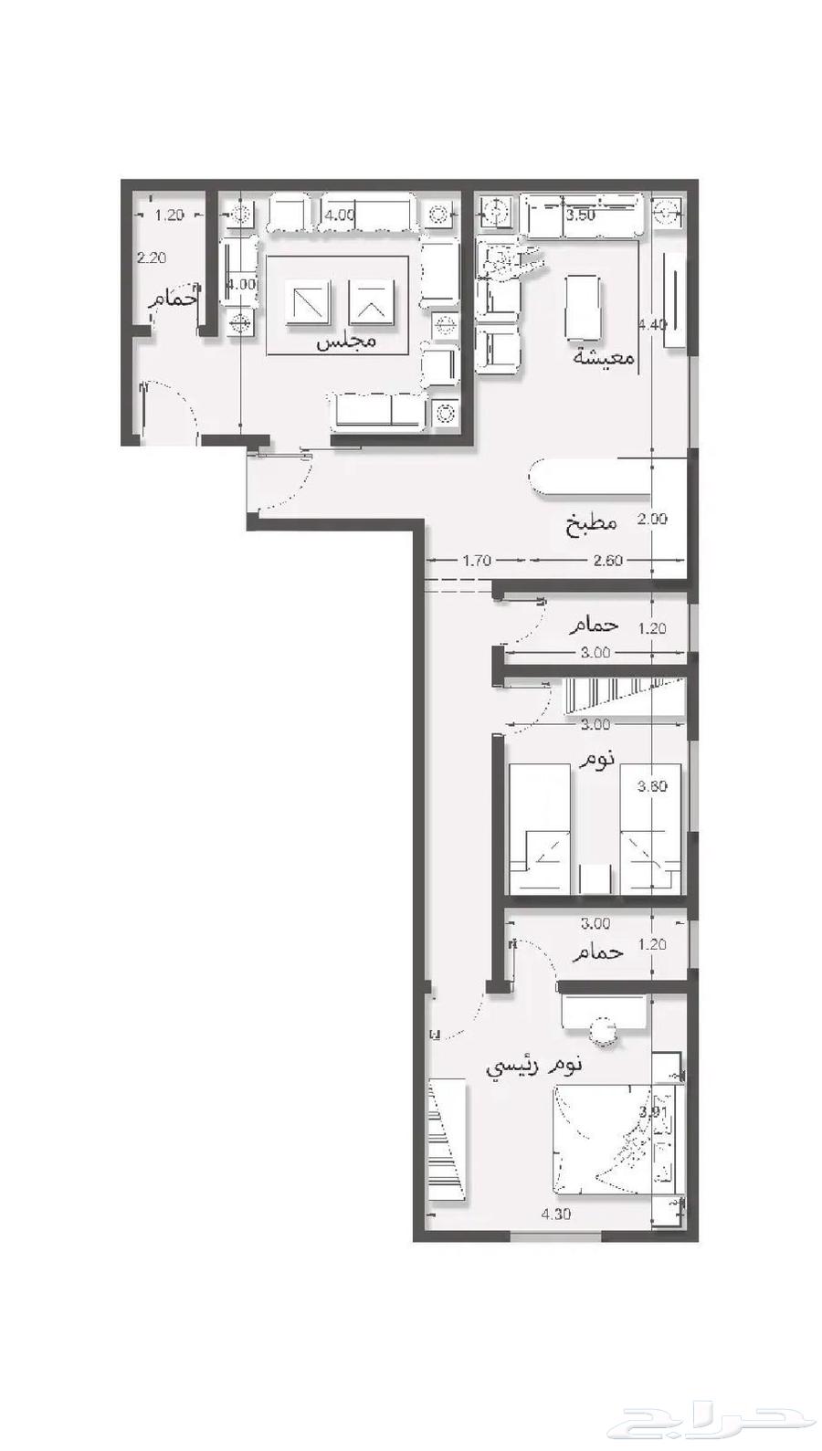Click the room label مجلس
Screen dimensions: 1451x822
[x=346, y=342]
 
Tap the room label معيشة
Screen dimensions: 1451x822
[x=604, y=357]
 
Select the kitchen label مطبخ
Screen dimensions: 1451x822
[x=590, y=523]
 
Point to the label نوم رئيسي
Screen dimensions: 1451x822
[x=534, y=1065]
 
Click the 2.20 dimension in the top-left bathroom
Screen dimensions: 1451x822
[x=152, y=258]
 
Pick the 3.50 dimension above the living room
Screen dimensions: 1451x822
[x=581, y=216]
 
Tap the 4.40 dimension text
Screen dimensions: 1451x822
[x=653, y=324]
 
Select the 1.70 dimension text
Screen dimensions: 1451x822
[x=477, y=561]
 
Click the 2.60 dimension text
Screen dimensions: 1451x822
[x=607, y=561]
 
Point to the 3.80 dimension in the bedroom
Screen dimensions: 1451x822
[x=652, y=786]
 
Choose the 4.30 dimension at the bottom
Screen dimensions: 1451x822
[x=556, y=1214]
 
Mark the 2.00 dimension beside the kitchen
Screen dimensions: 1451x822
[x=652, y=519]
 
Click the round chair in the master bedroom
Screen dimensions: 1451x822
[x=604, y=1034]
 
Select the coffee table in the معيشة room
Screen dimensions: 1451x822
[x=584, y=307]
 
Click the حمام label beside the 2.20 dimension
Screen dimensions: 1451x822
[x=176, y=297]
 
